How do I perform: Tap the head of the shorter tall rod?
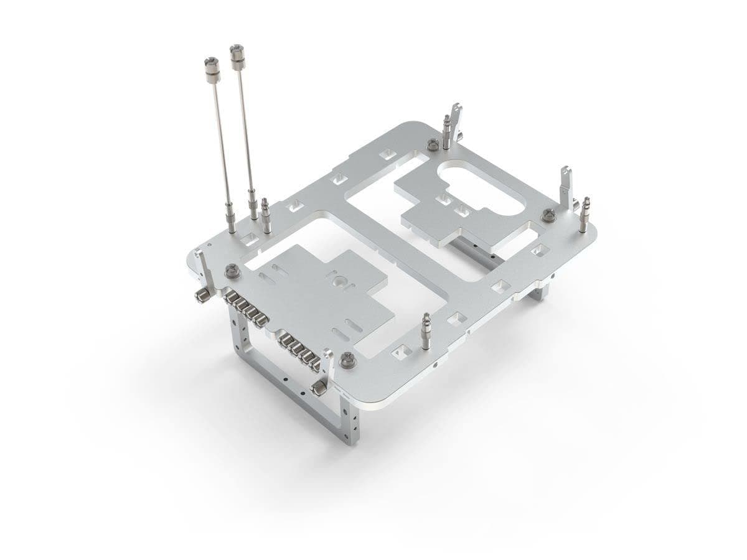tap(210, 63)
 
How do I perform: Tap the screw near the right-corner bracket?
tap(548, 215)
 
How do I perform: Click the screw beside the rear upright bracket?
tap(432, 144)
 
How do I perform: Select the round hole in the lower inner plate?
tap(340, 281)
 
